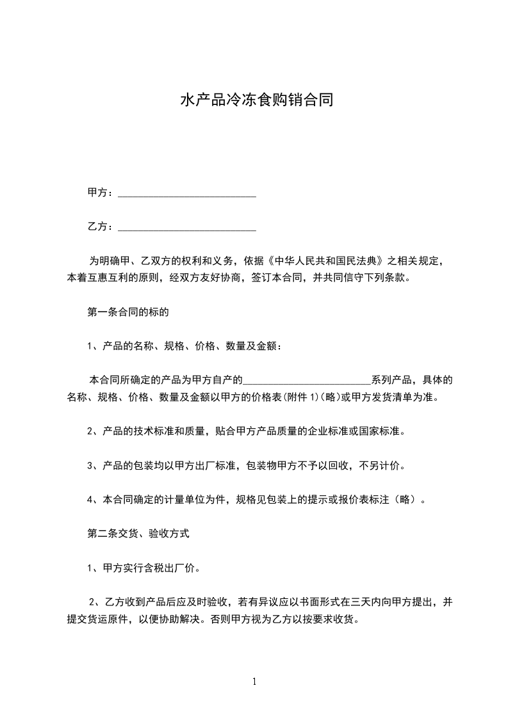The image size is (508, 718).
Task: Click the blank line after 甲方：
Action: point(187,193)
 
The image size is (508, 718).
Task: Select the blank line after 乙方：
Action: point(187,227)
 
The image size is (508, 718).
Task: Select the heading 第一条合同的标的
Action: point(127,313)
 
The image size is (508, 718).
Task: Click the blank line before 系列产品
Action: point(307,380)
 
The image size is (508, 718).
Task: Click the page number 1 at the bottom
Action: point(254,682)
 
